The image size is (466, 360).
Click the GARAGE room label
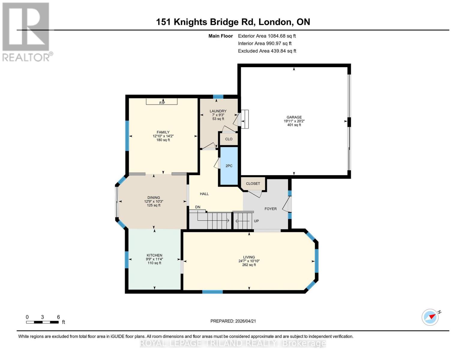pos(294,117)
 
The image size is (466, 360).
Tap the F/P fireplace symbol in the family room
pos(162,102)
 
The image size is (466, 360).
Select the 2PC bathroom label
pos(229,166)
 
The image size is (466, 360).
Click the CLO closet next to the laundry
pos(229,139)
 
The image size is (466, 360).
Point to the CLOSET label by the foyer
pos(253,184)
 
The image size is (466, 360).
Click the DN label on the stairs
pos(197,207)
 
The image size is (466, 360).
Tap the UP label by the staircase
pos(256,221)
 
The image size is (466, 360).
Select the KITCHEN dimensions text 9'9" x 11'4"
pos(155,259)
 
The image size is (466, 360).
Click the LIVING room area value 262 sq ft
pos(249,265)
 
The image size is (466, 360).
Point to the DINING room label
pos(154,198)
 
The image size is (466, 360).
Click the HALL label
pos(204,194)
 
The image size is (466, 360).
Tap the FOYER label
pos(270,209)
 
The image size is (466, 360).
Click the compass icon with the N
pos(430,317)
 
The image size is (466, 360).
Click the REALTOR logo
pos(26,32)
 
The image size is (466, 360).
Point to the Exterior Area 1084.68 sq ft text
pos(267,36)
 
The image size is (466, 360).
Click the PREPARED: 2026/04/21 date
pos(233,321)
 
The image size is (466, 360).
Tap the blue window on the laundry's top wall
pos(218,97)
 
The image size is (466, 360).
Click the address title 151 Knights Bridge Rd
pos(233,22)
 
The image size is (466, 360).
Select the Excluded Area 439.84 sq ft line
pos(267,51)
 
